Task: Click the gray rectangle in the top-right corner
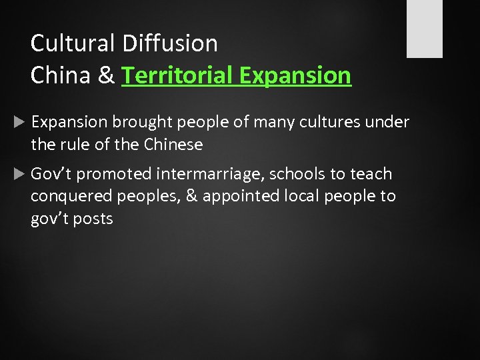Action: [x=425, y=28]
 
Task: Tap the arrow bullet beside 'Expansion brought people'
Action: [x=18, y=122]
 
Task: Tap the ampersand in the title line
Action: [x=106, y=75]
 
